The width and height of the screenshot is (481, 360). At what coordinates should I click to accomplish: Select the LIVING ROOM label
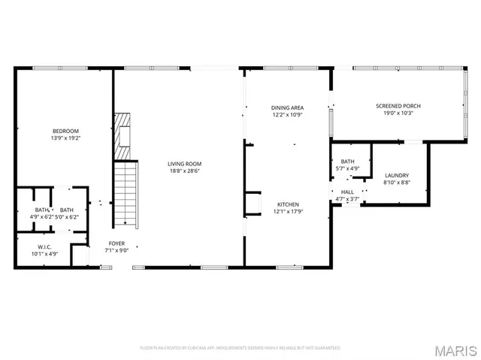tap(184, 164)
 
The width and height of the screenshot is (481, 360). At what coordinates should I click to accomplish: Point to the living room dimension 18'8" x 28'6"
tap(184, 171)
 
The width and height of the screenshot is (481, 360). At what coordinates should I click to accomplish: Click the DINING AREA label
tap(287, 107)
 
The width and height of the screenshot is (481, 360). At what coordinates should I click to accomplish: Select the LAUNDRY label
tap(395, 175)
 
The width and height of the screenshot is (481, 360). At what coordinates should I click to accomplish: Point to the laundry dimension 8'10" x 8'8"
tap(395, 182)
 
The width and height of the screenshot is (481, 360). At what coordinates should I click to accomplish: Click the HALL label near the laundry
tap(347, 192)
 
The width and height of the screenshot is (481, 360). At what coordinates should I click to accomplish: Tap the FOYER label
tap(116, 243)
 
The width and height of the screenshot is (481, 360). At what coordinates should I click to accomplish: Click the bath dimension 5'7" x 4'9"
tap(347, 168)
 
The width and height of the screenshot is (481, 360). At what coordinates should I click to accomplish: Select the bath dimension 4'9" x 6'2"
tap(42, 216)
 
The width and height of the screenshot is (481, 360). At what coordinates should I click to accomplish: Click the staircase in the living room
tap(126, 195)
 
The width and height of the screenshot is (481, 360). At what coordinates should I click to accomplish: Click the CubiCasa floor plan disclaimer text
tap(240, 348)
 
